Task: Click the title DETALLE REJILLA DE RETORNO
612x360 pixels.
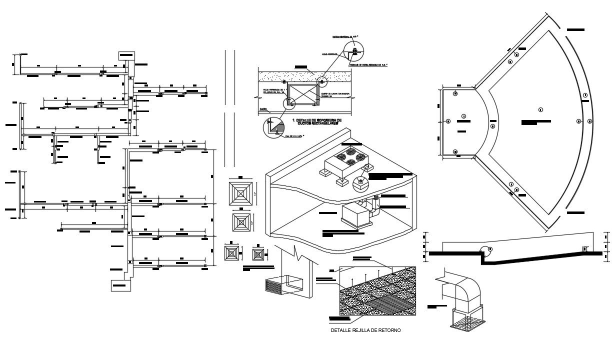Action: click(365, 330)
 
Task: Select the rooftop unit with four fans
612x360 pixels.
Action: click(345, 159)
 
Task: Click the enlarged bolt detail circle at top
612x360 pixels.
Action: click(354, 51)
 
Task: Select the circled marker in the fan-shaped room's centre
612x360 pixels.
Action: click(541, 110)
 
